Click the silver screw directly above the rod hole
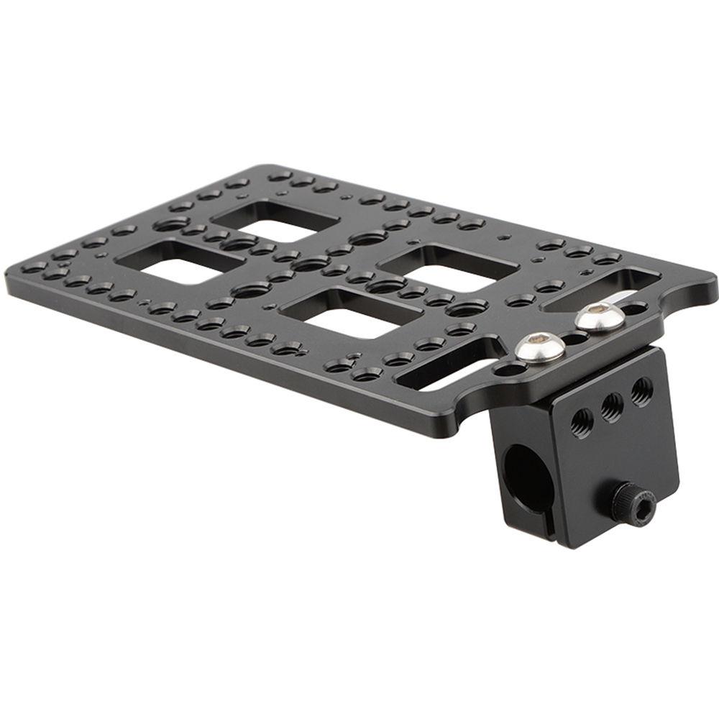tap(540, 349)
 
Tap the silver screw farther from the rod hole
tap(600, 316)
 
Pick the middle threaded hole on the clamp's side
tap(612, 406)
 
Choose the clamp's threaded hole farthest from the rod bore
tap(642, 392)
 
